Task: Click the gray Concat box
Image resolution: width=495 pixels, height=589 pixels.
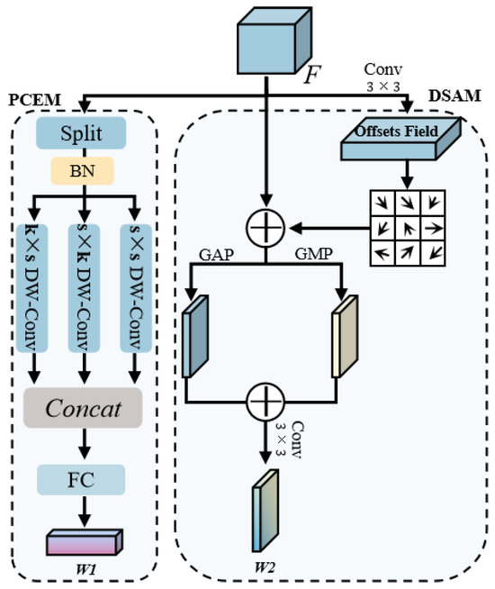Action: point(85,410)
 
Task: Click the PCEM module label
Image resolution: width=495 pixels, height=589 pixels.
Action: point(30,98)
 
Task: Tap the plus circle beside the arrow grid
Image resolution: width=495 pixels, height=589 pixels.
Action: point(265,229)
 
